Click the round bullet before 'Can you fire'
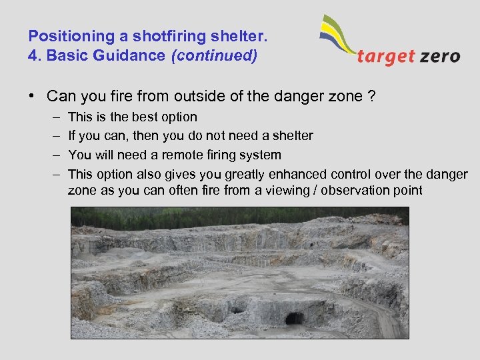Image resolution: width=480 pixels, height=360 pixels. [31, 97]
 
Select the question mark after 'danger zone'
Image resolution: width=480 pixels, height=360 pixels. [371, 97]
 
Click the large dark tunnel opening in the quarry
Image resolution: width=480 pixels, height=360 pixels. [294, 318]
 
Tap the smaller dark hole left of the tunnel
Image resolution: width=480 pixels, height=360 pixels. [237, 310]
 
